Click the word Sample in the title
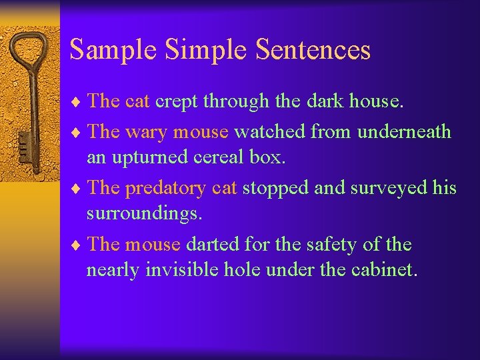coord(113,50)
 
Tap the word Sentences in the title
coord(313,50)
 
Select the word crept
coord(176,101)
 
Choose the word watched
coord(269,132)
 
